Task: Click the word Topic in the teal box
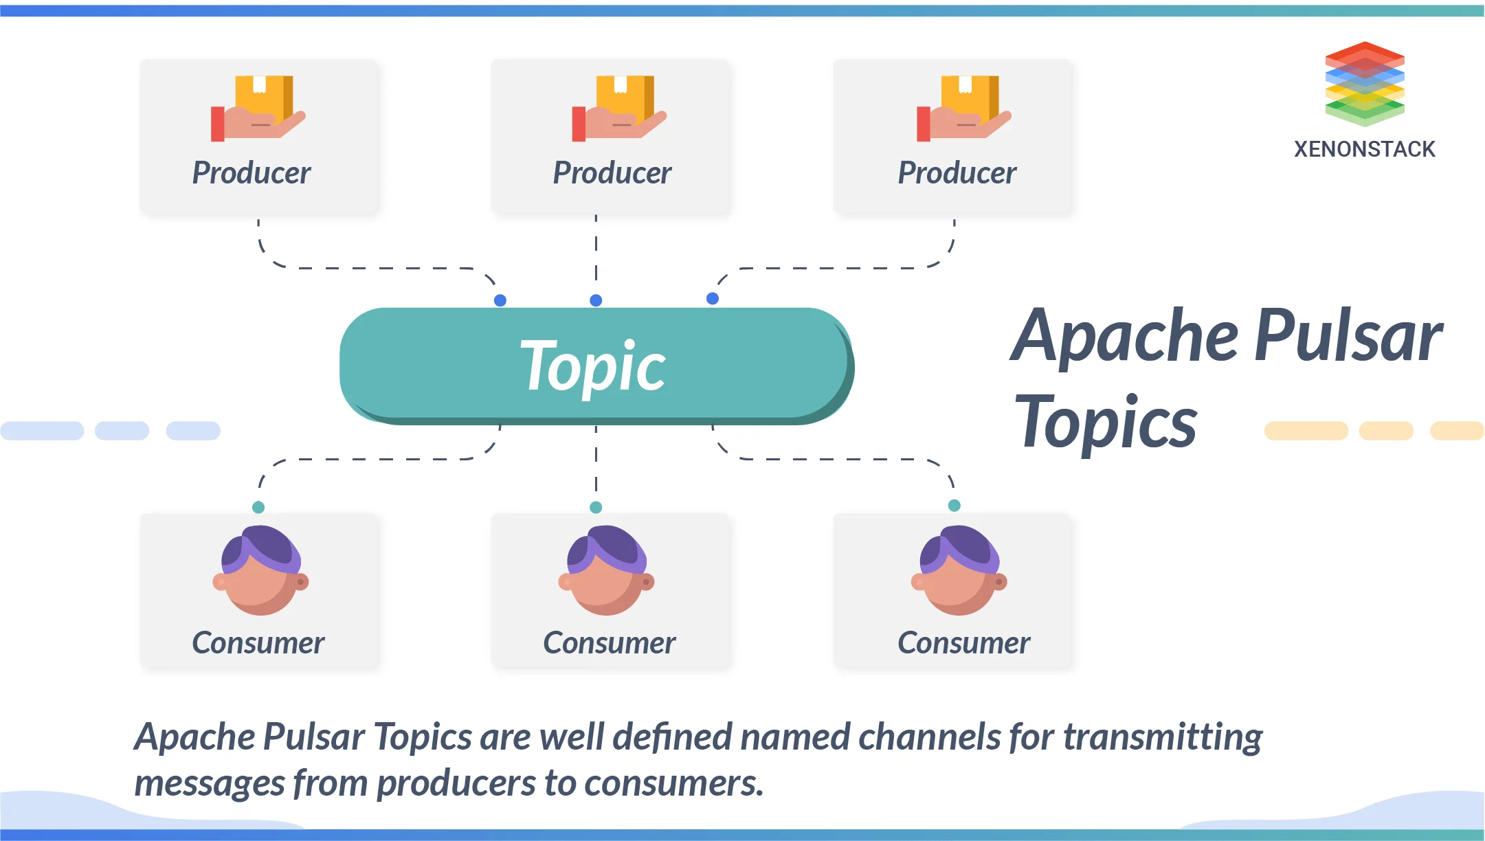(x=592, y=366)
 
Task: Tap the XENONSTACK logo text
(x=1364, y=149)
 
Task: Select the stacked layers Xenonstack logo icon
(x=1365, y=84)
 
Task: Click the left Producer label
(x=252, y=172)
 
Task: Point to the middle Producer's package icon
(x=619, y=107)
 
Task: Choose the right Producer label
(x=957, y=172)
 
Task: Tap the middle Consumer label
(x=610, y=643)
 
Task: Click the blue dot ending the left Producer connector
(x=500, y=300)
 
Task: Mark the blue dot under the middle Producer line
(x=596, y=300)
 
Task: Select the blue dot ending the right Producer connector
(x=713, y=298)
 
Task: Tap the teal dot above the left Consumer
(x=258, y=507)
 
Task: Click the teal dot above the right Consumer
(x=954, y=506)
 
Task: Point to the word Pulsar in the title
(x=1348, y=336)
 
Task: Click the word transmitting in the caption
(x=1163, y=737)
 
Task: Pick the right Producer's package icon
(x=964, y=107)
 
